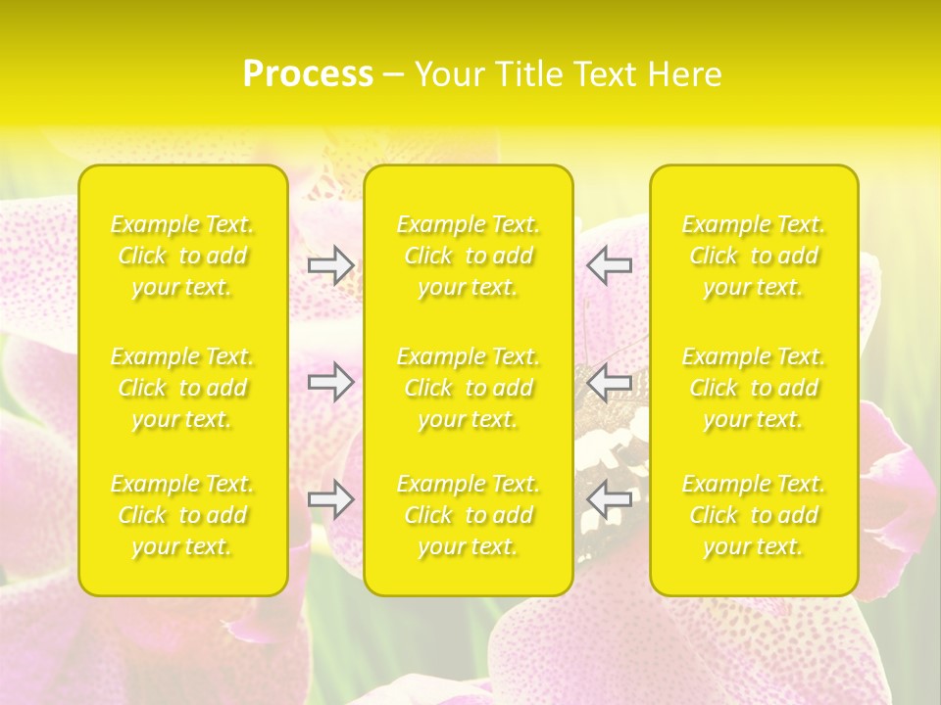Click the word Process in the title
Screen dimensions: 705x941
[308, 74]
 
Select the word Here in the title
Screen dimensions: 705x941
[684, 74]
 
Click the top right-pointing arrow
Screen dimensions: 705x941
[331, 265]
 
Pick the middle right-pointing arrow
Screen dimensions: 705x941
[331, 382]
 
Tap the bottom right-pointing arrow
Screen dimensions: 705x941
[331, 499]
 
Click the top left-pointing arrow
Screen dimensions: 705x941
[610, 265]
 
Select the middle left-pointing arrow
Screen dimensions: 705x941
[610, 382]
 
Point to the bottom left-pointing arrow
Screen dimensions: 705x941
[610, 499]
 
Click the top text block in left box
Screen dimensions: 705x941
[182, 257]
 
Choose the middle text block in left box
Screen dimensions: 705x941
[182, 389]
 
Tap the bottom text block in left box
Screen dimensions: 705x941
[182, 516]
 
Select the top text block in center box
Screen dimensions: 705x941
[469, 257]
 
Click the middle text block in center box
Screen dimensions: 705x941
[469, 389]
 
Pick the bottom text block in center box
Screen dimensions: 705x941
[469, 516]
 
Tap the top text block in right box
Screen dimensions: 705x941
[754, 257]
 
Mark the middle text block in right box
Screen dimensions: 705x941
[754, 389]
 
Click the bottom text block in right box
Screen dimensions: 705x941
[754, 516]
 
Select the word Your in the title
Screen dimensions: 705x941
[448, 74]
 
